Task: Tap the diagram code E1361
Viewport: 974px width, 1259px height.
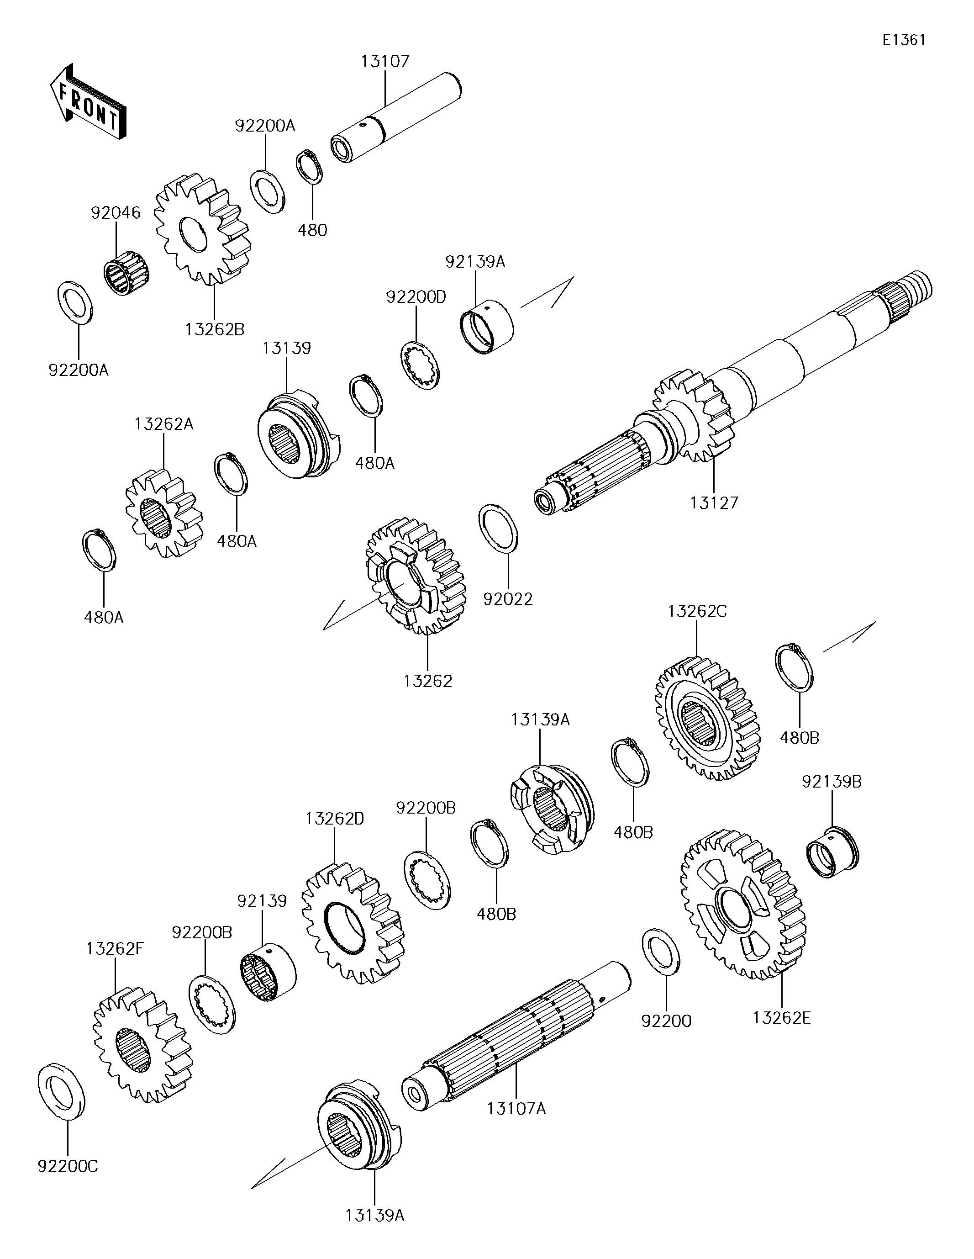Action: click(904, 40)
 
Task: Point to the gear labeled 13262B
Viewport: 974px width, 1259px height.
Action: click(202, 230)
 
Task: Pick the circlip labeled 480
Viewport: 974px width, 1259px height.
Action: click(309, 168)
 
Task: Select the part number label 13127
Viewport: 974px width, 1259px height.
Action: click(714, 503)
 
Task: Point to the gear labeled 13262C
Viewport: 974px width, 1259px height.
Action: click(708, 718)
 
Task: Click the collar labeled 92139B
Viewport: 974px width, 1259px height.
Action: click(832, 852)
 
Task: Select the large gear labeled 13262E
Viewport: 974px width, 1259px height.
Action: click(743, 905)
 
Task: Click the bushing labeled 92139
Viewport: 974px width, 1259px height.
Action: click(268, 972)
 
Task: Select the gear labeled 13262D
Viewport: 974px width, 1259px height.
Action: click(353, 922)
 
